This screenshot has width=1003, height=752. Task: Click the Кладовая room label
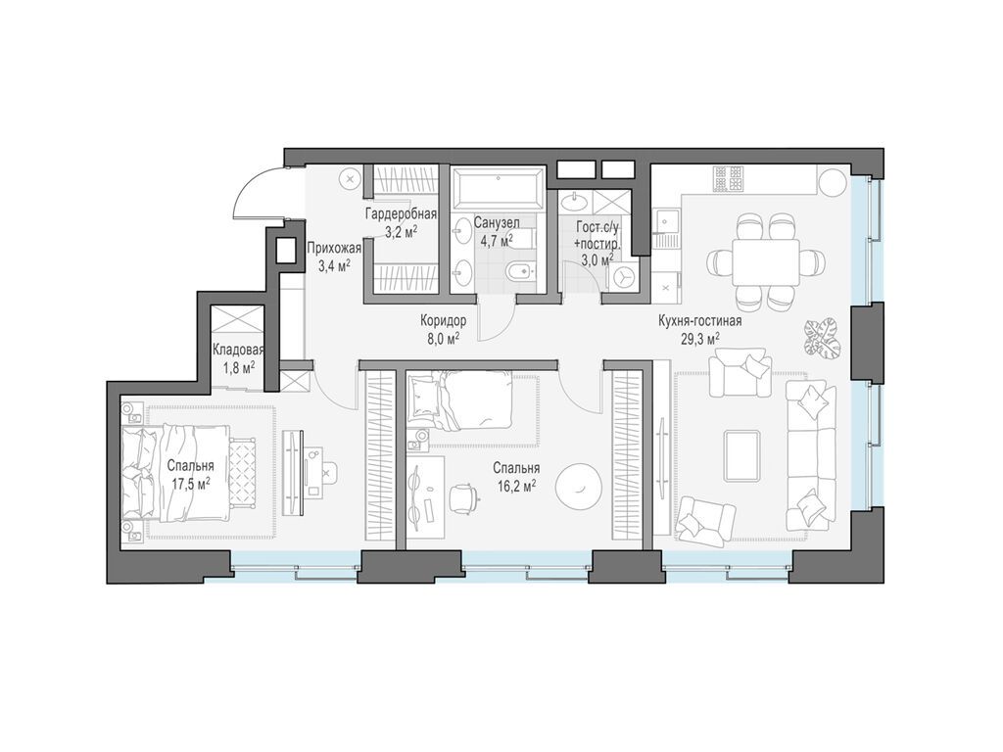pyautogui.click(x=238, y=352)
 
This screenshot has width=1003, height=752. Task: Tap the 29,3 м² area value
pyautogui.click(x=699, y=338)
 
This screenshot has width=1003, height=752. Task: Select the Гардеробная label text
pyautogui.click(x=401, y=214)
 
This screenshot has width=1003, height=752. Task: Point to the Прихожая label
pyautogui.click(x=334, y=249)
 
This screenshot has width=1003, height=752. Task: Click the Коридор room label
pyautogui.click(x=444, y=321)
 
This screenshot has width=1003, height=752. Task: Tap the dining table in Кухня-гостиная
pyautogui.click(x=766, y=262)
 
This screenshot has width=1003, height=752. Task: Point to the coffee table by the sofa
pyautogui.click(x=742, y=454)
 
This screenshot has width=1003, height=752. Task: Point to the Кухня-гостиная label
pyautogui.click(x=699, y=321)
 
